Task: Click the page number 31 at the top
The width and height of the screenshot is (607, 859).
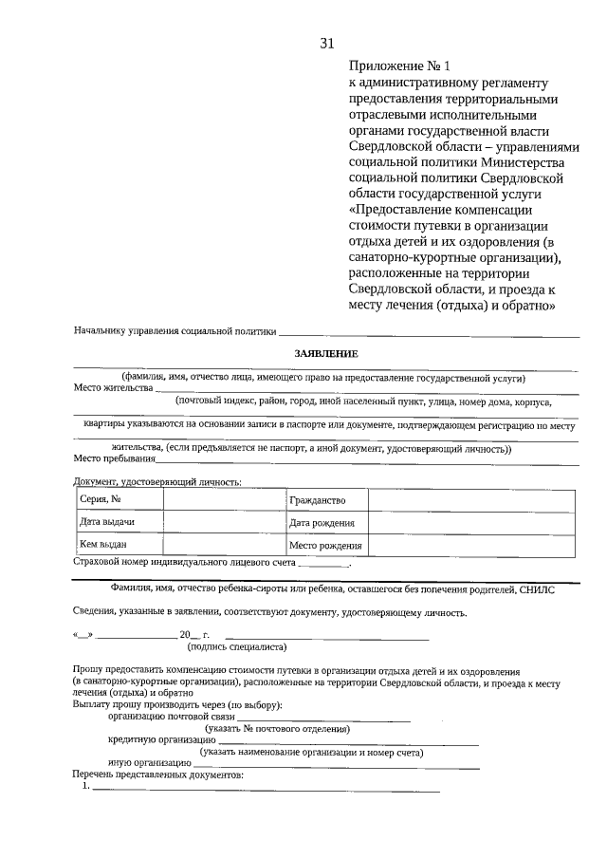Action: [327, 44]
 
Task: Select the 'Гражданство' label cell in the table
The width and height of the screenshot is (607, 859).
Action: [318, 500]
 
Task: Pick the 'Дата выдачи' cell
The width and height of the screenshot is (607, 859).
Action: [106, 523]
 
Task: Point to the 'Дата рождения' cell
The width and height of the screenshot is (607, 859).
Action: [322, 523]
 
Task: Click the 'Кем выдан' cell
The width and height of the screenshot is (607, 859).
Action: [103, 546]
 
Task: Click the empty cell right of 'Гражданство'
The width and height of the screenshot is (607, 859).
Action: [470, 500]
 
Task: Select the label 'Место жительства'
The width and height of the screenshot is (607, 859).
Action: [113, 387]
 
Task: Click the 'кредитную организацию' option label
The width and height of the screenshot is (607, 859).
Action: [161, 739]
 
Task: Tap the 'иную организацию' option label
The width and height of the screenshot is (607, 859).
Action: [150, 763]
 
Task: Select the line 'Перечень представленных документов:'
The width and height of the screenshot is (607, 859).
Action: [158, 775]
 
